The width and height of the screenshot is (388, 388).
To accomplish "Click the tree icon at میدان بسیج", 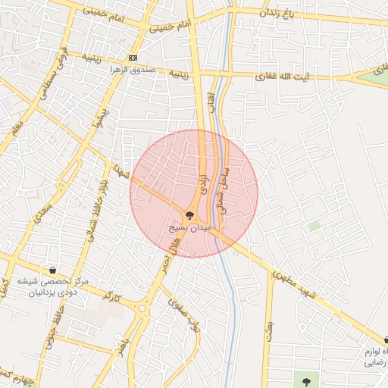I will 189,215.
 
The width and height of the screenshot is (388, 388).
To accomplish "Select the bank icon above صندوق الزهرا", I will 133,58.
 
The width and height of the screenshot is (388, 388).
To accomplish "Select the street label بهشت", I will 268,328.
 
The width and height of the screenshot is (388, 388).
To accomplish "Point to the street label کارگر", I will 111,294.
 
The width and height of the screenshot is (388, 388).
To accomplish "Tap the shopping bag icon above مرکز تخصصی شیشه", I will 52,270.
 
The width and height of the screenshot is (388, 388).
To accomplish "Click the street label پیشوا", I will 95,120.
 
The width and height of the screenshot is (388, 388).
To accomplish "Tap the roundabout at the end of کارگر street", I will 141,308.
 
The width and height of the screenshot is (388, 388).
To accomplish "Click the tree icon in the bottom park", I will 305,382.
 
